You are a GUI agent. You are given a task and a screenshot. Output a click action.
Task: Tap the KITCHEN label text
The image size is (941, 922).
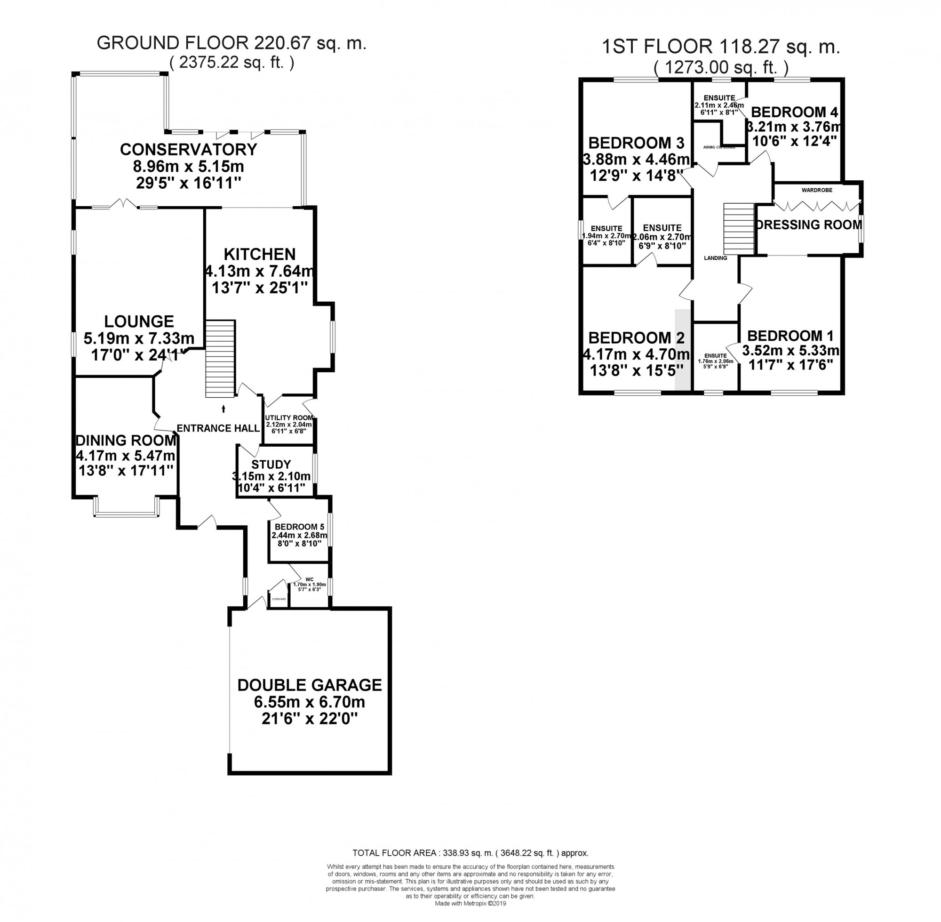point(259,254)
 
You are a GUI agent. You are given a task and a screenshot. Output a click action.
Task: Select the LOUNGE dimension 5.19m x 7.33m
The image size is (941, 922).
point(139,338)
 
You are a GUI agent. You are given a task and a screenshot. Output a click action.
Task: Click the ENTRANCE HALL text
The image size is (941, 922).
point(218,428)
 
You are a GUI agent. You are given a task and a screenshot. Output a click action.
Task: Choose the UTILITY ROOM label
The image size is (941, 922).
point(289,417)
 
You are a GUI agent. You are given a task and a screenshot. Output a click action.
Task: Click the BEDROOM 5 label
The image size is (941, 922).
point(299,527)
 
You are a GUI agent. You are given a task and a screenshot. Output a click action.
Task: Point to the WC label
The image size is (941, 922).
point(310,579)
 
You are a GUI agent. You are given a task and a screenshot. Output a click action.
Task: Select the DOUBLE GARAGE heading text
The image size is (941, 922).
point(309,685)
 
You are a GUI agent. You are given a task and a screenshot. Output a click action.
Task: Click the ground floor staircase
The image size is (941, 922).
point(221,358)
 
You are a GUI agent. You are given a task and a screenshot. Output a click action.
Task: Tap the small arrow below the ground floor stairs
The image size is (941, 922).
point(223,409)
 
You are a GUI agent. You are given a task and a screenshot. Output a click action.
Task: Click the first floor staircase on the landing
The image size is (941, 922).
point(739,228)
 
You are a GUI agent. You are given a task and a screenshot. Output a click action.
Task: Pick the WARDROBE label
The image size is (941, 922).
point(817,190)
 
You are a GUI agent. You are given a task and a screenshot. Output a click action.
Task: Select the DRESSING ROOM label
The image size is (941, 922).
point(809,224)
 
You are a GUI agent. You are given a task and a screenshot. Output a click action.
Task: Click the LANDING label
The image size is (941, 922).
point(716,258)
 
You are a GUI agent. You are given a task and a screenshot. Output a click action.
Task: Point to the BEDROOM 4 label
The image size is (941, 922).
point(794,112)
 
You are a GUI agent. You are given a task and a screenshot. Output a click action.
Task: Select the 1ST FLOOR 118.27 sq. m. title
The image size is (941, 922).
point(720,48)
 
